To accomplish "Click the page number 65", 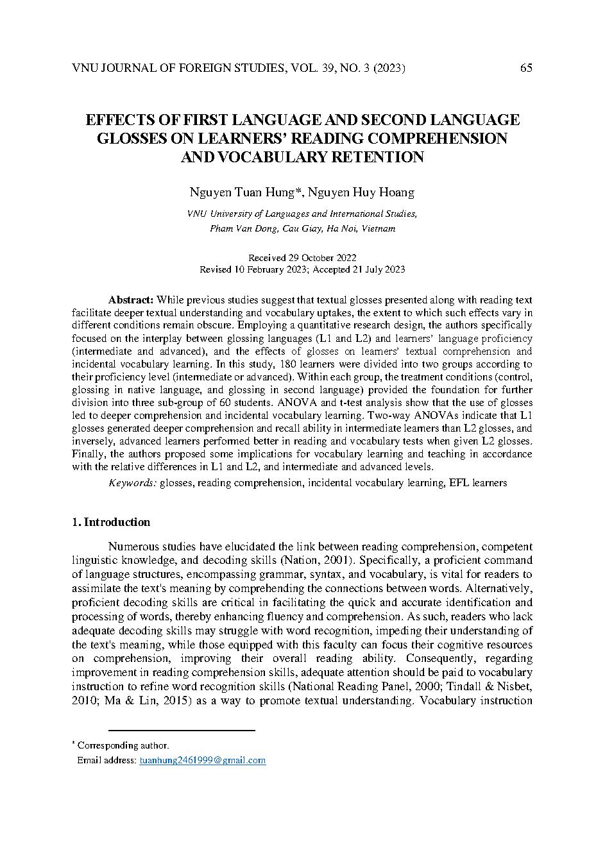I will pyautogui.click(x=526, y=68).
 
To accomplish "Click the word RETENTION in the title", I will pyautogui.click(x=368, y=157).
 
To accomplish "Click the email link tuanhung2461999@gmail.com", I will pyautogui.click(x=202, y=760).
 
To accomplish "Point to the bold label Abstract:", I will pyautogui.click(x=130, y=300).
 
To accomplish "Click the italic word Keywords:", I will pyautogui.click(x=132, y=482).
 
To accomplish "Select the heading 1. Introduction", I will pyautogui.click(x=110, y=522).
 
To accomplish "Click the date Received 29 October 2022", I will pyautogui.click(x=302, y=257).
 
